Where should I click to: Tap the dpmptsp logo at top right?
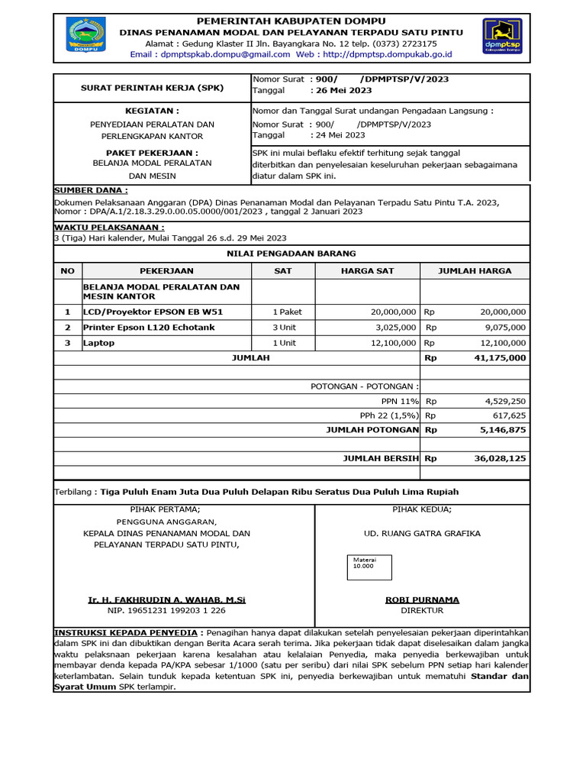click(502, 37)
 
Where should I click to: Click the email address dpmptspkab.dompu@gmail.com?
click(221, 54)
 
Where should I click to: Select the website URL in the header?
click(388, 54)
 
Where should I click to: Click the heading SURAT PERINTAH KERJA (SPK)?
click(153, 88)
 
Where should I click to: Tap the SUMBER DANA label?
click(91, 189)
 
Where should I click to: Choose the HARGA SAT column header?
click(367, 270)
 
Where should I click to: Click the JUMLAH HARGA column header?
click(475, 270)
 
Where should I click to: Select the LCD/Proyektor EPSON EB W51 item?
click(153, 312)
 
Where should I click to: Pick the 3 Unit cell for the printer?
click(284, 327)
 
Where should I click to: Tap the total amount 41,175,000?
click(500, 357)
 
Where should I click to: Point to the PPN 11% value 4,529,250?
click(505, 401)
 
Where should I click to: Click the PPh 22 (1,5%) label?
click(389, 415)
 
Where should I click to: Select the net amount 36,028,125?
click(500, 459)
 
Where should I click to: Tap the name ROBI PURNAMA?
click(422, 599)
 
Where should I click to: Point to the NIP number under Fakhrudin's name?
click(166, 610)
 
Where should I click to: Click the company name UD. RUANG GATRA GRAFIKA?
click(422, 533)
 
